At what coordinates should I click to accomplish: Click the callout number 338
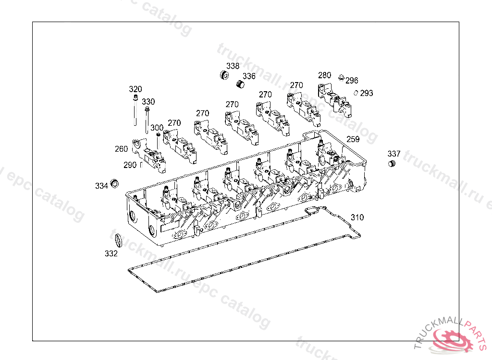pos(233,66)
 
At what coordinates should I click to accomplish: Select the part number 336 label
pos(249,76)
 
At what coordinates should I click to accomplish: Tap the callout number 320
pos(135,89)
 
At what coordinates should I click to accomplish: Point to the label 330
pos(148,102)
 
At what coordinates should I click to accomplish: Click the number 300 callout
pos(157,128)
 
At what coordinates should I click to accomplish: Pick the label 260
pos(121,149)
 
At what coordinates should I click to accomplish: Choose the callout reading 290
pos(130,165)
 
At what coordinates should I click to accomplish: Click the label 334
pos(101,186)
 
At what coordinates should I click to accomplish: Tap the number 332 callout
pos(111,254)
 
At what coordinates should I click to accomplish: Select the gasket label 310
pos(357,217)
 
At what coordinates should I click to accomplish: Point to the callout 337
pos(394,154)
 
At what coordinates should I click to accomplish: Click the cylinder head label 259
pos(353,139)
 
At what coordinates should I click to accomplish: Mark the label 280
pos(324,75)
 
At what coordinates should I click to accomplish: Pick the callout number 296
pos(352,81)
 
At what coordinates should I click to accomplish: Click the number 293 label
pos(367,93)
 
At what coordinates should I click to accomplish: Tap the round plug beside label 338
pos(223,75)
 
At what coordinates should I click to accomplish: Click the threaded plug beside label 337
pos(392,165)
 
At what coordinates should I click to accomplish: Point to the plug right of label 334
pos(114,183)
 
